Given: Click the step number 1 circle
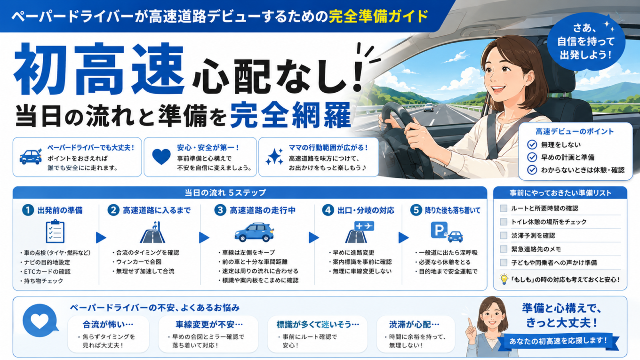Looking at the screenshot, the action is pos(28,210).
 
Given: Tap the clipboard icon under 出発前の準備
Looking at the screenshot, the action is pos(55,232).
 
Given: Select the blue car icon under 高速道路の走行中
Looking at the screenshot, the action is pos(254,232).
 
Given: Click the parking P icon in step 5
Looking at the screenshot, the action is pos(439,230).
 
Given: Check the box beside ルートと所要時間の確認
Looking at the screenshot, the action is pos(504,208).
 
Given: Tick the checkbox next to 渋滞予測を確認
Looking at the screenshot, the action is pos(504,235).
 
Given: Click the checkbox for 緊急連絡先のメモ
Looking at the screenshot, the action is pos(504,249).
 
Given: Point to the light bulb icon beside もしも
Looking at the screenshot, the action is pos(504,279).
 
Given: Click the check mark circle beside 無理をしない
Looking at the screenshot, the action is pos(532,144).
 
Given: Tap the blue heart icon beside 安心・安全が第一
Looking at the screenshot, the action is pos(161,157).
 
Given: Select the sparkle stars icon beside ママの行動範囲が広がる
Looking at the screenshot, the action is pos(274,157).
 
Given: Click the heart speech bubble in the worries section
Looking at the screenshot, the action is pos(40,321).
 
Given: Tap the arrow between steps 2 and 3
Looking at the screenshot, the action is pos(204,238).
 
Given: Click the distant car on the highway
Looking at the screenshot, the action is pos(429,107).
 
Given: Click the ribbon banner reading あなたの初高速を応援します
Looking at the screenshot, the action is pos(558,341).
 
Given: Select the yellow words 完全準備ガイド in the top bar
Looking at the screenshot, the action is pos(378,16).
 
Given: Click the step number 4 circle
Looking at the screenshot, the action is pos(328,210).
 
